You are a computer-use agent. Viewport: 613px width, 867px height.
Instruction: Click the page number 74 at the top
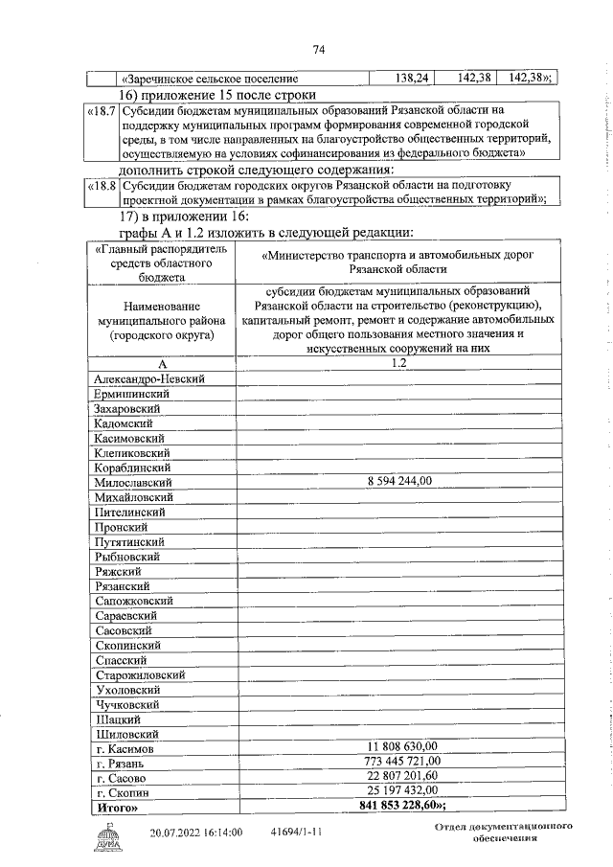(x=319, y=51)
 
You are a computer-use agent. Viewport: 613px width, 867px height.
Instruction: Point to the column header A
(x=163, y=391)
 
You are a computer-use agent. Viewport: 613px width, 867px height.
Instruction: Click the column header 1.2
(x=399, y=391)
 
